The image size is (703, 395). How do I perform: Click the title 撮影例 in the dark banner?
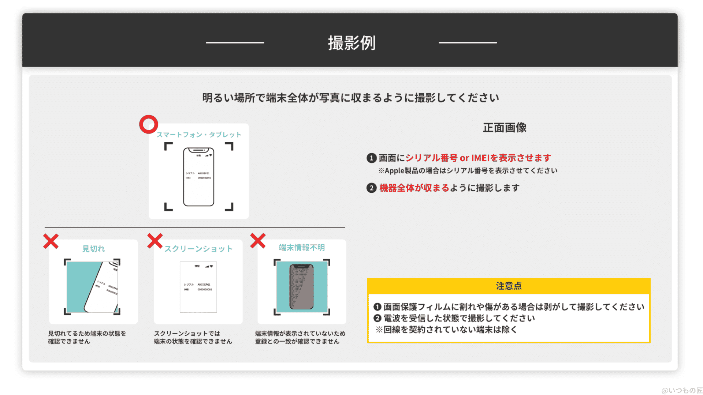tap(351, 43)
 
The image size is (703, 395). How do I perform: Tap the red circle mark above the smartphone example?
tap(148, 124)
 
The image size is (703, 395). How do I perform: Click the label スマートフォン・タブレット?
tap(199, 135)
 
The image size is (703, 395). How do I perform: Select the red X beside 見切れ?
tap(51, 241)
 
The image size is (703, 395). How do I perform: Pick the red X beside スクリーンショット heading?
tap(155, 241)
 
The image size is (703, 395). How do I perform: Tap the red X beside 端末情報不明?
tap(258, 241)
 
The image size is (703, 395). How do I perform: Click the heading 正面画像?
tap(505, 128)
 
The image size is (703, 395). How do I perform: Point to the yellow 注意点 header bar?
tap(509, 286)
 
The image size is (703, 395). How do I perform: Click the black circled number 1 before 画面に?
tap(371, 158)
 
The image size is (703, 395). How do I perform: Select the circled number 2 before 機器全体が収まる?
tap(371, 188)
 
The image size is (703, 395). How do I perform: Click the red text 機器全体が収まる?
tap(414, 188)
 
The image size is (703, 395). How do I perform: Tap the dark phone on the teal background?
tap(301, 287)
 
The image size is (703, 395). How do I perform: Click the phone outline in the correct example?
tap(198, 177)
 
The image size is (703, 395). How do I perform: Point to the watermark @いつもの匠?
tap(682, 390)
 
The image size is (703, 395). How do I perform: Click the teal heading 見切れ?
tap(93, 249)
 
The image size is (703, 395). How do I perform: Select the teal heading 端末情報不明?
tap(302, 248)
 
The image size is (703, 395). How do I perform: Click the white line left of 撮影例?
tap(235, 43)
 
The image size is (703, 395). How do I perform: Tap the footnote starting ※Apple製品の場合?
tap(468, 171)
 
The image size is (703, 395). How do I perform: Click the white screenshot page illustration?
tap(198, 287)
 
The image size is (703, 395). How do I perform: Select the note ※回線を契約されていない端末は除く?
tap(446, 330)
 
